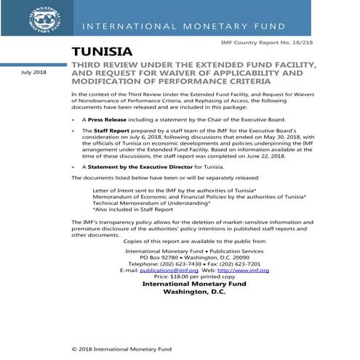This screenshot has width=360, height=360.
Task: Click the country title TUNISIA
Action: [103, 52]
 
